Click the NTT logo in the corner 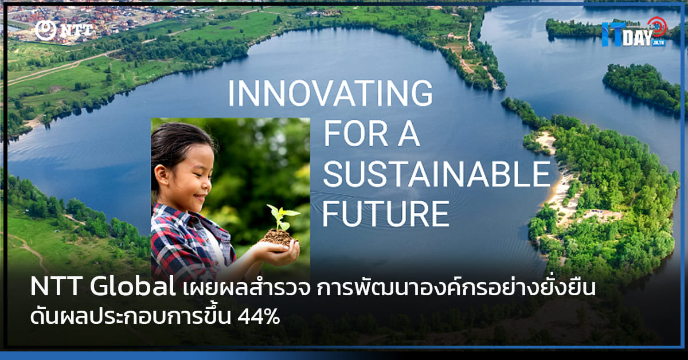[63, 30]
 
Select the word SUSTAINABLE [436, 174]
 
